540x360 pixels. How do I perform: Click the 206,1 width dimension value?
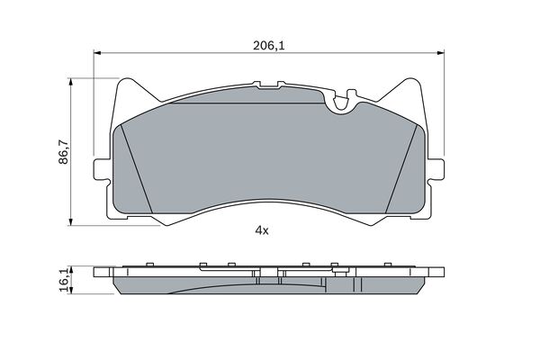pyautogui.click(x=268, y=46)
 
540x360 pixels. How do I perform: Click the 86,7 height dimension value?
pyautogui.click(x=63, y=152)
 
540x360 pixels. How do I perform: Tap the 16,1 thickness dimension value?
pyautogui.click(x=65, y=281)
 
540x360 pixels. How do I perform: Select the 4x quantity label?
pyautogui.click(x=261, y=230)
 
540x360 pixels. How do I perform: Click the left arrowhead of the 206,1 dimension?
pyautogui.click(x=97, y=53)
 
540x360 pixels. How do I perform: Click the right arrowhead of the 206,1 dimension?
pyautogui.click(x=440, y=53)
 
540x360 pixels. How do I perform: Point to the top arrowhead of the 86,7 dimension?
pyautogui.click(x=71, y=81)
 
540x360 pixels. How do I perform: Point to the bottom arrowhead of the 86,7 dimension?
pyautogui.click(x=71, y=222)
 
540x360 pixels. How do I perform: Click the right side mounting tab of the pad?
pyautogui.click(x=436, y=169)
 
